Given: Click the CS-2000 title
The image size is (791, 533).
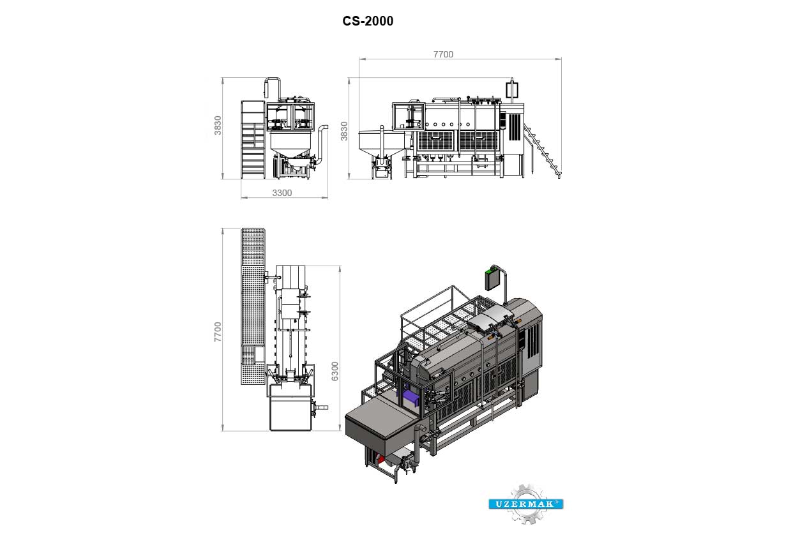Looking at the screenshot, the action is coord(368,21).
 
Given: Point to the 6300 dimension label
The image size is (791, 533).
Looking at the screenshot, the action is coord(335,372).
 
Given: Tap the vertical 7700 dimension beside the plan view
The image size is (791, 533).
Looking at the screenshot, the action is coord(218,332).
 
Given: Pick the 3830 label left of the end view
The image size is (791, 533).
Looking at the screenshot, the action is coord(218,125).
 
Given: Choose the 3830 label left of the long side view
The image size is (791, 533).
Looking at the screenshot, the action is coord(344,131).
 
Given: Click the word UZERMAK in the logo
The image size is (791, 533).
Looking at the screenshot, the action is coord(525,504).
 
